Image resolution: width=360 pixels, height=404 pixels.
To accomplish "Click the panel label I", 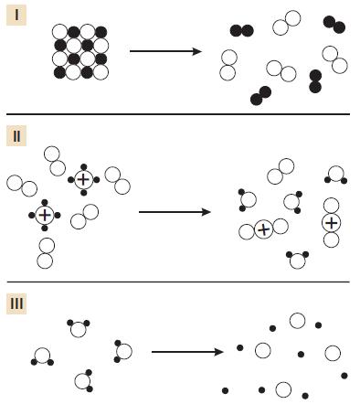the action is tap(16, 15).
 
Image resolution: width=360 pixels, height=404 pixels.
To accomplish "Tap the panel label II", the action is tap(16, 136).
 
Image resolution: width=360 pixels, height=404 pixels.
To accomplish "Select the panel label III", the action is tap(16, 303).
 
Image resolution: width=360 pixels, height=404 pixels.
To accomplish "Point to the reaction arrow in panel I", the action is tap(165, 51).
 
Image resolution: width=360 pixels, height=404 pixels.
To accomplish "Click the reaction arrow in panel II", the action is tap(175, 212).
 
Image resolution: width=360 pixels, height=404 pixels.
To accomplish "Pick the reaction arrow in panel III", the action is tap(187, 352).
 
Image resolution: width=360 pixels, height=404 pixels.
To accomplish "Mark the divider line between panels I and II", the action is tap(178, 114).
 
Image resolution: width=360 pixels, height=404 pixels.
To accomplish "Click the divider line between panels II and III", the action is tap(178, 282).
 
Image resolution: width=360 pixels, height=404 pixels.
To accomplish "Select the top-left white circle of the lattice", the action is tap(60, 32).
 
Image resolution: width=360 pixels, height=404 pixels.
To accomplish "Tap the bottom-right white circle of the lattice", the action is tap(101, 72).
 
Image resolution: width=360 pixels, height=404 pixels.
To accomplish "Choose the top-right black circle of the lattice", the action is tap(101, 32).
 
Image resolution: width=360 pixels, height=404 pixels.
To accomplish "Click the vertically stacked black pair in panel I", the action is tap(315, 81).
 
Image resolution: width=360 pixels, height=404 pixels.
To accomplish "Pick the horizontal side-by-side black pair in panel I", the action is tap(242, 31).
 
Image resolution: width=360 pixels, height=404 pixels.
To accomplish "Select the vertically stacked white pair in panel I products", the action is tap(228, 65).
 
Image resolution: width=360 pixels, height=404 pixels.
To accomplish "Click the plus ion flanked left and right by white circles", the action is tap(263, 229).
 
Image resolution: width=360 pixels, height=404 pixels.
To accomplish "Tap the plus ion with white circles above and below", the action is tap(332, 223).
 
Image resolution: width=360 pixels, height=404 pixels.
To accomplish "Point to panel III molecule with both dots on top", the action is tap(79, 329).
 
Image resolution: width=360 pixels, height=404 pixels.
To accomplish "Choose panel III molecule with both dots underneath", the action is tap(42, 356).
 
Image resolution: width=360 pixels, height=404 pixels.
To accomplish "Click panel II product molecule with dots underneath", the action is tap(336, 175).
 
